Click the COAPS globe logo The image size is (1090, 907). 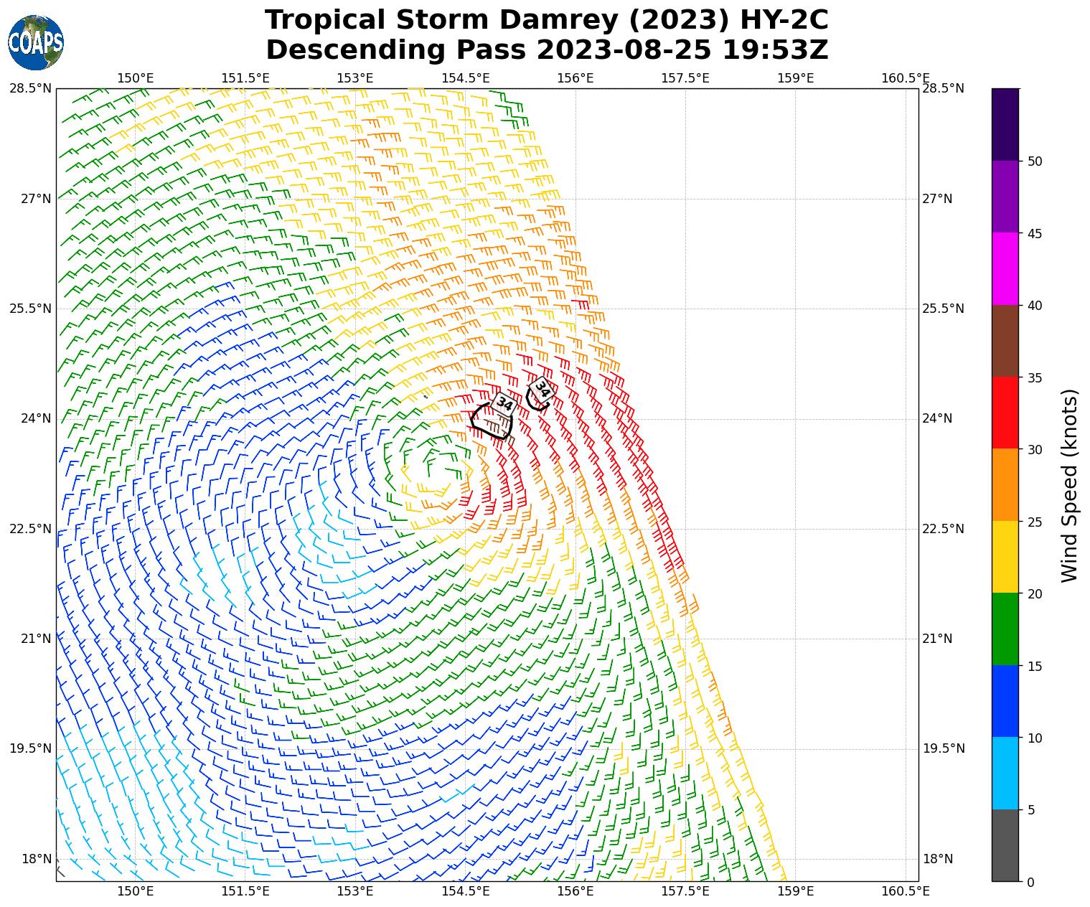click(x=36, y=42)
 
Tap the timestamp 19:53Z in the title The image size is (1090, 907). click(x=775, y=50)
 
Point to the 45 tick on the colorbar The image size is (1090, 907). click(x=1034, y=233)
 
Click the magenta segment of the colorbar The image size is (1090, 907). click(x=1005, y=268)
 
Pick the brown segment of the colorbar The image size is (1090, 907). click(x=1005, y=341)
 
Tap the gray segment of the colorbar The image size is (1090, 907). click(x=1005, y=845)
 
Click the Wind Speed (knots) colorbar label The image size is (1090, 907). click(x=1069, y=486)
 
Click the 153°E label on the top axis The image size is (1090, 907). click(x=355, y=77)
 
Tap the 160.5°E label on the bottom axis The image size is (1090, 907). click(x=905, y=891)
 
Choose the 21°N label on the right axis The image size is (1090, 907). click(x=937, y=639)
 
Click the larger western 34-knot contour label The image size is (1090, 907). click(x=504, y=404)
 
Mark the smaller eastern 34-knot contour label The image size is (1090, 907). click(x=542, y=390)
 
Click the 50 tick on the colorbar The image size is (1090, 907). click(x=1034, y=161)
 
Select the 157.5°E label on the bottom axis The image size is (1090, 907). click(x=685, y=891)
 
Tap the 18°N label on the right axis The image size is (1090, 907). click(x=937, y=859)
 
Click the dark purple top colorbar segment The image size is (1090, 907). click(x=1005, y=124)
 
